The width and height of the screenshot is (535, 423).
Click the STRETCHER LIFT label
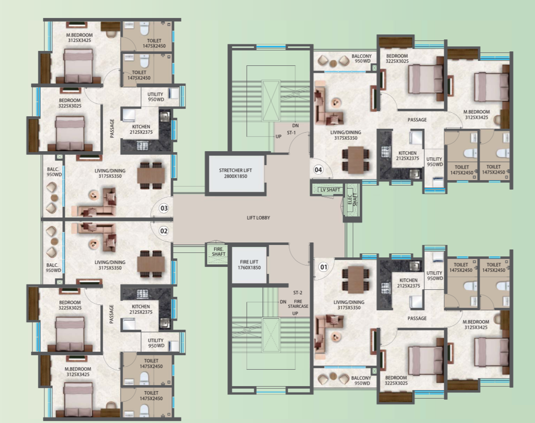point(235,173)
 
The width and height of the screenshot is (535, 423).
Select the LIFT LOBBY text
point(259,218)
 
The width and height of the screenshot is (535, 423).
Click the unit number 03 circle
point(164,208)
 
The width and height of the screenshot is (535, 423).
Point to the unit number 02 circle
point(164,231)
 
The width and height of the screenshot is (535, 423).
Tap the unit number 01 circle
point(324,267)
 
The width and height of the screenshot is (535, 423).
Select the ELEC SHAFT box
point(351,200)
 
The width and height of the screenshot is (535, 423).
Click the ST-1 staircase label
point(291,133)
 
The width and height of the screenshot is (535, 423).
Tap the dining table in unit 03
point(151,174)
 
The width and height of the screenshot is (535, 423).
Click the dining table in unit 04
point(355,160)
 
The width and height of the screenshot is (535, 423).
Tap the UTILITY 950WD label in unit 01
point(434,276)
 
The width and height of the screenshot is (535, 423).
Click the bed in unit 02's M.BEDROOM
point(78,396)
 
